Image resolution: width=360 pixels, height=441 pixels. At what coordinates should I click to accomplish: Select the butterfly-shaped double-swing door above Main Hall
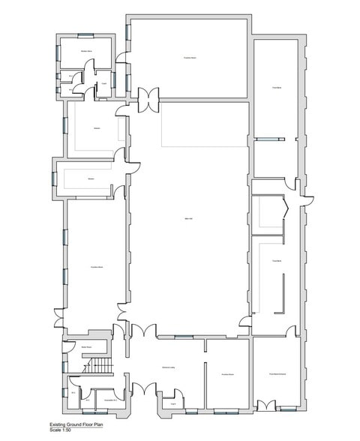tap(149, 97)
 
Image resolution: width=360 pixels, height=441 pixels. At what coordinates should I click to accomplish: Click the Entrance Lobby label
tap(168, 367)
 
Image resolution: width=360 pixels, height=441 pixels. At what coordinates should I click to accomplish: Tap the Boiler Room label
tap(87, 347)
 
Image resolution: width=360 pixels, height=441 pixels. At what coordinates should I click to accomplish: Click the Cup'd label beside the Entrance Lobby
tap(172, 403)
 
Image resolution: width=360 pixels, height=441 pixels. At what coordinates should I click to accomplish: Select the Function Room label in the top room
tap(190, 57)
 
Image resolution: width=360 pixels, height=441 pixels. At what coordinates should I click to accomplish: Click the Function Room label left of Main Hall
tap(97, 268)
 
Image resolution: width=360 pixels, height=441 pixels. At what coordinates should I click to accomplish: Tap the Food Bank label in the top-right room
tap(277, 88)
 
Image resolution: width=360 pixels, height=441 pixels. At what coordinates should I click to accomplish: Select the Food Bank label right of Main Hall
tap(277, 261)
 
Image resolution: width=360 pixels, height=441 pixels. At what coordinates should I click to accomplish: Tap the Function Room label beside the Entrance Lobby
tap(228, 373)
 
